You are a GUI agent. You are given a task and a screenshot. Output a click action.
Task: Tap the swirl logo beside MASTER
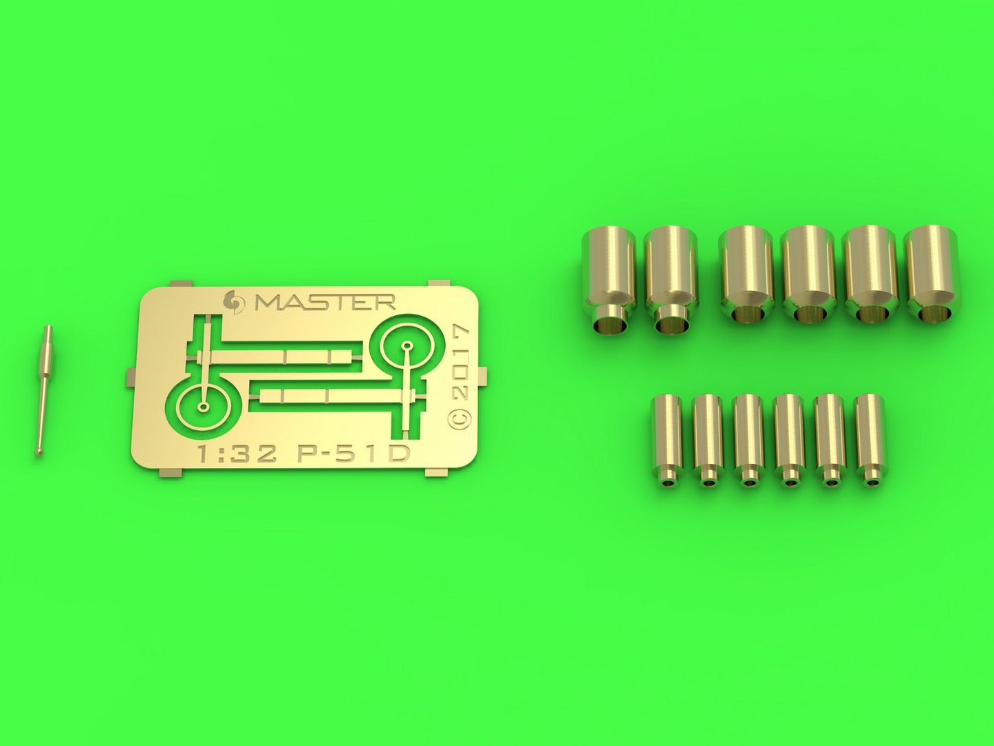(x=234, y=301)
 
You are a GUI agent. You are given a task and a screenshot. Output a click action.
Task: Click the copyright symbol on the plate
(x=460, y=418)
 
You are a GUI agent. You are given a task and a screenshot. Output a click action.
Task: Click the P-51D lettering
(x=354, y=454)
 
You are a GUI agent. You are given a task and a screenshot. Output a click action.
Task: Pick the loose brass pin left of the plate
(x=44, y=390)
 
